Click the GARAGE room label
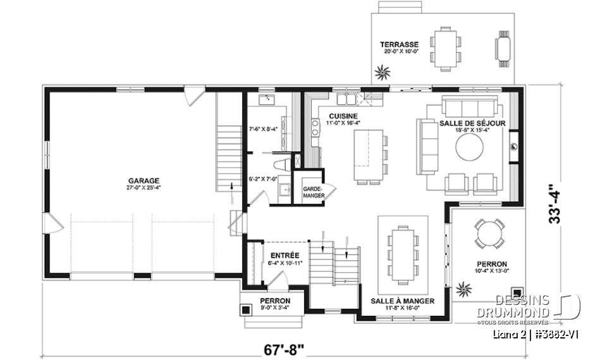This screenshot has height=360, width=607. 142,180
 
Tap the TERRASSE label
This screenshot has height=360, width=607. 399,44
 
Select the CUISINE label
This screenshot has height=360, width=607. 343,116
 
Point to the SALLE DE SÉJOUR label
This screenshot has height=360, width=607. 472,123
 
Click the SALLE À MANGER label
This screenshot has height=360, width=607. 403,301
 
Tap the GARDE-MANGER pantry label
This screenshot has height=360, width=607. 313,192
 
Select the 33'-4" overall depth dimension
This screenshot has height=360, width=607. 555,204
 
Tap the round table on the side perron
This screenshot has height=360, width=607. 490,233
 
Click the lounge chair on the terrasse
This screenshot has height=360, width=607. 503,48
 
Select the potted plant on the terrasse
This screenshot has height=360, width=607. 382,72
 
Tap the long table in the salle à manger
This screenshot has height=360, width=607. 402,252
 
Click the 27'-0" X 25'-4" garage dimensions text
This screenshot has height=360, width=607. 142,188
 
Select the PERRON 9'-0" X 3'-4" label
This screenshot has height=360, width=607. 275,304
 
